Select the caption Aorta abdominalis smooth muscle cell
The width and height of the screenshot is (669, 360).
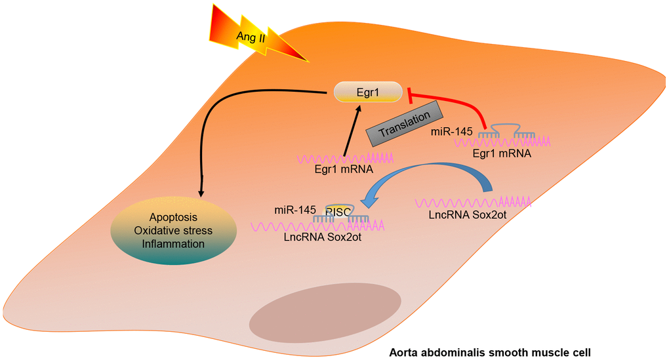495,351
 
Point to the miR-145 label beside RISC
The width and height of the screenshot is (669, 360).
295,210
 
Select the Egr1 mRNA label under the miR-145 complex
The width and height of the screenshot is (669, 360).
501,153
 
